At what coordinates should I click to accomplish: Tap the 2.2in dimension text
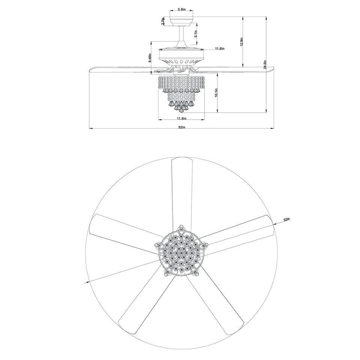pyautogui.click(x=162, y=21)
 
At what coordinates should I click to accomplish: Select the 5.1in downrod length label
pyautogui.click(x=196, y=34)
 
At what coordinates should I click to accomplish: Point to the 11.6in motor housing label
pyautogui.click(x=220, y=49)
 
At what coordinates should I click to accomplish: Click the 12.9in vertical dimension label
pyautogui.click(x=242, y=41)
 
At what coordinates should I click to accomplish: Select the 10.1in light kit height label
pyautogui.click(x=216, y=93)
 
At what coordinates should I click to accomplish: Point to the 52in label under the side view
pyautogui.click(x=181, y=127)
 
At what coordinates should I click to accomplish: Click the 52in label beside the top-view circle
pyautogui.click(x=287, y=219)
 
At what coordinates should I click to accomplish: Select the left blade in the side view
pyautogui.click(x=120, y=69)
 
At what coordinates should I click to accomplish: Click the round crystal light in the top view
pyautogui.click(x=181, y=253)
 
